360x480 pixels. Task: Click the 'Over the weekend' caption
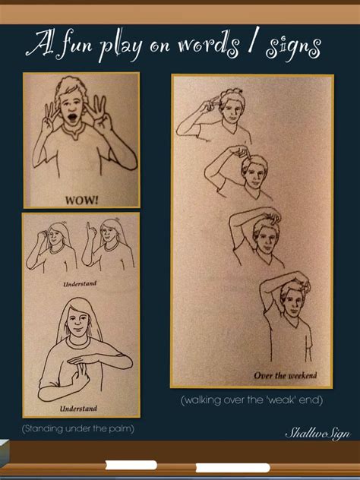click(286, 374)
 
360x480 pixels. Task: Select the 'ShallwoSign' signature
click(317, 433)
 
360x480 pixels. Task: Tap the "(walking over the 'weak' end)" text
click(252, 399)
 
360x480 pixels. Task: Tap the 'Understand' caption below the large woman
click(78, 408)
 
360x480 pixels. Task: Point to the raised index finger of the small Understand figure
click(89, 226)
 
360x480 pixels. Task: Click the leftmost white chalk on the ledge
click(131, 465)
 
